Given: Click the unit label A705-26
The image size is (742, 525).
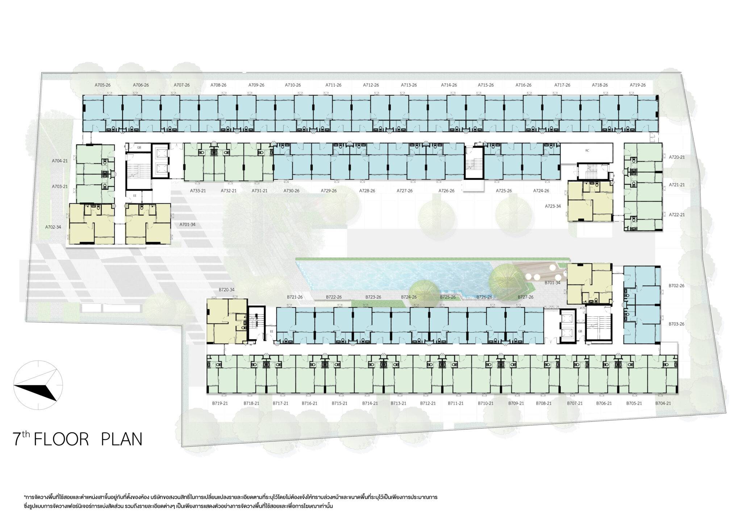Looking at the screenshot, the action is (x=103, y=85).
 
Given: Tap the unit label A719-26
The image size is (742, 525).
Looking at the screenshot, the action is (x=638, y=85).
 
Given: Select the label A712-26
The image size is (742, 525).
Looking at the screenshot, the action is (x=371, y=85).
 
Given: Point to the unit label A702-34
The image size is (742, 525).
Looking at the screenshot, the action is (x=53, y=227).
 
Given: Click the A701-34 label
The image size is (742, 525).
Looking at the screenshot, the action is (x=187, y=225).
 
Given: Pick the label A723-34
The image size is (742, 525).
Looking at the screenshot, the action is (x=553, y=206).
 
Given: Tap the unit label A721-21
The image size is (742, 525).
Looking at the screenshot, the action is (x=677, y=185).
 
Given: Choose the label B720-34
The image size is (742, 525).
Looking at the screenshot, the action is (x=226, y=290).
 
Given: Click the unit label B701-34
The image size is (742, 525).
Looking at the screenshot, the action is (x=553, y=283).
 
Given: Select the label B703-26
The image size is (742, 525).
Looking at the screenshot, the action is (x=676, y=324).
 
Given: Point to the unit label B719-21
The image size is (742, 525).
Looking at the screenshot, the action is (x=220, y=403).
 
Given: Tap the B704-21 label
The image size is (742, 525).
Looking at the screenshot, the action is (x=663, y=403).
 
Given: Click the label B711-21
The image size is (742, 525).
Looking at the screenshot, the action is (x=455, y=403).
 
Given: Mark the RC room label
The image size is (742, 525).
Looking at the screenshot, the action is (x=587, y=150).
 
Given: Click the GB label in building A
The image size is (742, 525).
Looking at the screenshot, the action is (x=139, y=148).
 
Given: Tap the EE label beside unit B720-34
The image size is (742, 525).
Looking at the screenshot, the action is (x=271, y=331).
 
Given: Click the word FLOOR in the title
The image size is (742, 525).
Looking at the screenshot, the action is (x=61, y=439).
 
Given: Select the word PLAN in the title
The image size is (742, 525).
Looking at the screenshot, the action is (x=121, y=439).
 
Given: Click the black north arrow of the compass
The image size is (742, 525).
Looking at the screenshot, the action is (x=36, y=390).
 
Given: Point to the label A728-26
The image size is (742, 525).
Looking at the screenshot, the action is (x=367, y=191).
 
